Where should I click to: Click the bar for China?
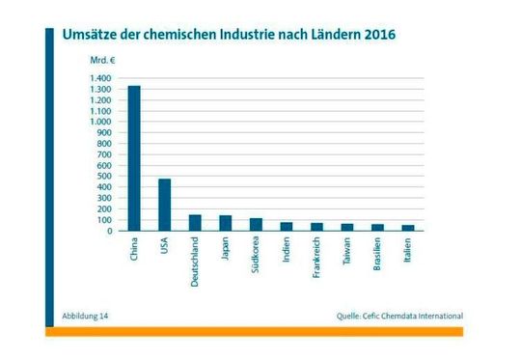tap(134, 158)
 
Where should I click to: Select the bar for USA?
tap(165, 205)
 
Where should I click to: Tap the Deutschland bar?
tap(195, 223)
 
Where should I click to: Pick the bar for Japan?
tap(226, 223)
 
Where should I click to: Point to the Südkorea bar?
tap(256, 225)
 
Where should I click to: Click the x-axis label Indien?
tap(287, 250)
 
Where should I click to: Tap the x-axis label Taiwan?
tap(347, 252)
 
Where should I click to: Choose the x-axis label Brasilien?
tap(377, 255)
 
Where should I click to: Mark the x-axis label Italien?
tap(408, 251)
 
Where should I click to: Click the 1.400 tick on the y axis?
tap(100, 78)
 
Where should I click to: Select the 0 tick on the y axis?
tap(110, 231)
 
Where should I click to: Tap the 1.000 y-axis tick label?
tap(100, 122)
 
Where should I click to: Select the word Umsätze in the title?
tap(91, 35)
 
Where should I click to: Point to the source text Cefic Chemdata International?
tap(410, 316)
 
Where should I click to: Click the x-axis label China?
tap(134, 250)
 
